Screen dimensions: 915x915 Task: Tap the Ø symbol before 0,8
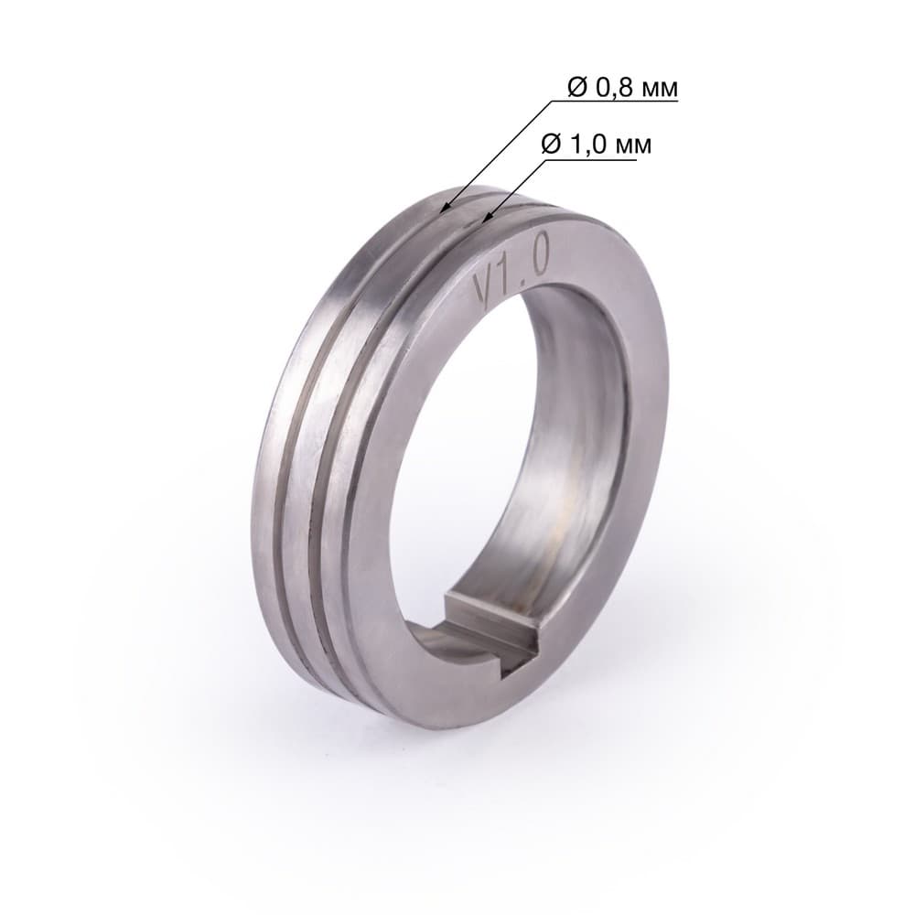[x=577, y=88]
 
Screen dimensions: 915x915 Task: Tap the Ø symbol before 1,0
[x=552, y=144]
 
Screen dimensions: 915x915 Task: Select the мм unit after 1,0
[x=634, y=145]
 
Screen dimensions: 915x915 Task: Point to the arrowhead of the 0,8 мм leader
[x=444, y=207]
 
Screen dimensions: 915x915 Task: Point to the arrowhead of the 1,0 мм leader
[x=484, y=220]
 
